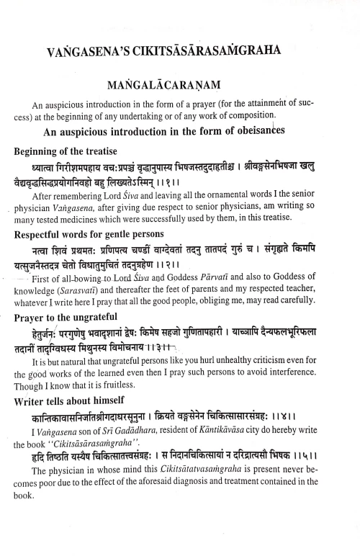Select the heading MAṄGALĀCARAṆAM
click(x=180, y=85)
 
